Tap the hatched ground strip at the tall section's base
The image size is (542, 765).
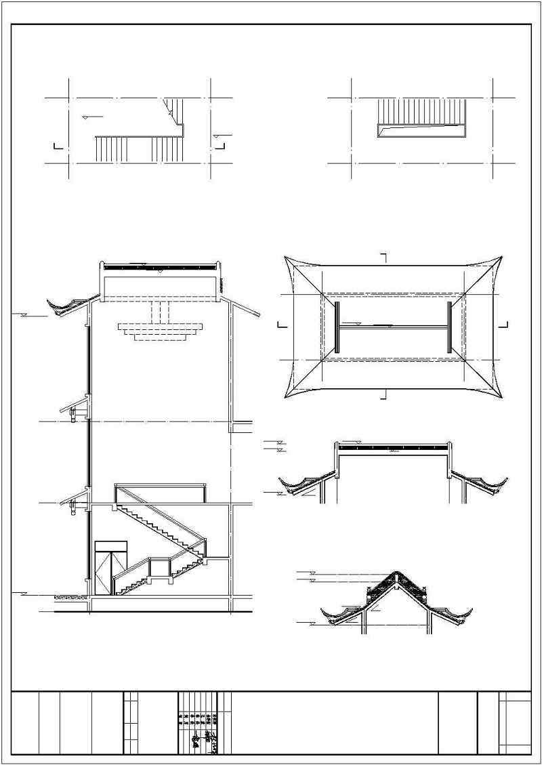tap(70, 598)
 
